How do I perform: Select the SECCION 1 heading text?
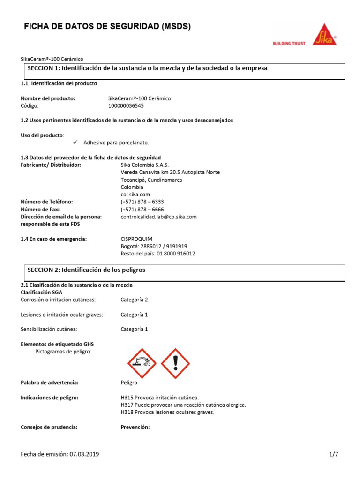pos(147,68)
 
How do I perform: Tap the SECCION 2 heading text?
pos(86,270)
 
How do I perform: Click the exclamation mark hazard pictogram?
pos(175,363)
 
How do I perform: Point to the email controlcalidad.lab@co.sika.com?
pos(158,217)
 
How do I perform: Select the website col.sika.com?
pos(135,195)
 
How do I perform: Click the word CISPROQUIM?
pos(136,239)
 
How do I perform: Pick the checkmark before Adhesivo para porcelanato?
pos(76,142)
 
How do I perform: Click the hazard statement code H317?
pos(127,405)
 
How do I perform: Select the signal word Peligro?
pos(129,382)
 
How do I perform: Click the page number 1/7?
pos(333,454)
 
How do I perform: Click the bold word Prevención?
pos(135,427)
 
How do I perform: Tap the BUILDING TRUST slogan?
pos(289,44)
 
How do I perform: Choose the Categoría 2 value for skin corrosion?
pos(134,300)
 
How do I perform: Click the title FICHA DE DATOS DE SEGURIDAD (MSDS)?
pos(107,27)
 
